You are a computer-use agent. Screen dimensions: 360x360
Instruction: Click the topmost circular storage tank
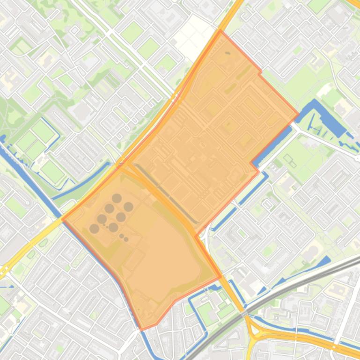[x=117, y=198]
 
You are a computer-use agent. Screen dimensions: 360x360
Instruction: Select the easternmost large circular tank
[x=128, y=207]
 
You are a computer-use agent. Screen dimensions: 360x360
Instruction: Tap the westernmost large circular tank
[x=94, y=229]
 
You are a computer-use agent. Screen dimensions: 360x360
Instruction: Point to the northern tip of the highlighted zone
[x=221, y=31]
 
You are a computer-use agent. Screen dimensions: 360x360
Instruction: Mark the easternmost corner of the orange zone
[x=298, y=114]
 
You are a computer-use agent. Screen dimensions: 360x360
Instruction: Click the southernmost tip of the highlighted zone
[x=142, y=330]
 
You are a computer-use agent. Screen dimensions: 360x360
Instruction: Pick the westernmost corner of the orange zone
[x=63, y=218]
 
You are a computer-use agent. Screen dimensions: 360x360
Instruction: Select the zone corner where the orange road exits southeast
[x=220, y=276]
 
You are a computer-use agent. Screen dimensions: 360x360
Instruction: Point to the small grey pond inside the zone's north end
[x=228, y=53]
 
